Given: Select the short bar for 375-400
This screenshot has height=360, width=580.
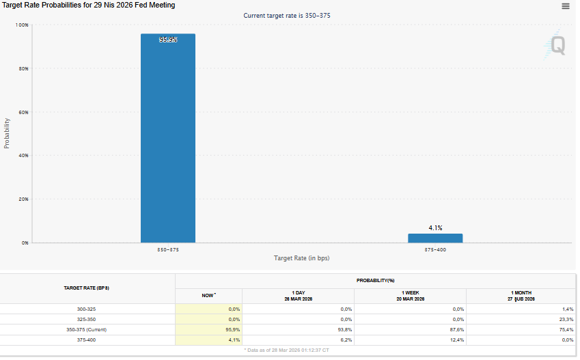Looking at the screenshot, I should pos(435,238).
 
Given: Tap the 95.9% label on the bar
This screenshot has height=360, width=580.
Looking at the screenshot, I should pos(168,40).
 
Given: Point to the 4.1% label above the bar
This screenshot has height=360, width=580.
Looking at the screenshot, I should pos(435,227).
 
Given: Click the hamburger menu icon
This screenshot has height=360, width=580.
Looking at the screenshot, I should pos(566,6).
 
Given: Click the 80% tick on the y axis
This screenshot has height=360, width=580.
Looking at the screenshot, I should pos(23,68).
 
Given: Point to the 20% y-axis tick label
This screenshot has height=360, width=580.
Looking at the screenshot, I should pos(23,199).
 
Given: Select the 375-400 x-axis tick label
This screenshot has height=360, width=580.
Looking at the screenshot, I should pos(435,250).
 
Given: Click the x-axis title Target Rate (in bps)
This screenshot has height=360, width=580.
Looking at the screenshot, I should pos(301,258).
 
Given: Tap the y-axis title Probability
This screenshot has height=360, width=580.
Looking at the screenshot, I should pos(7,133).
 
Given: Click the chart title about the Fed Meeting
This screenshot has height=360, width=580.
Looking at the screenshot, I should pos(89,5).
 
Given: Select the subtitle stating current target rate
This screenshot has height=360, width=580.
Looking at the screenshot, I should pos(288,15).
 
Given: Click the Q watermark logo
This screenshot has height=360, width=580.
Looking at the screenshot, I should pos(558,46).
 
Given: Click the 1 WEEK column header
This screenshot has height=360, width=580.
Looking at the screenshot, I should pos(411,296).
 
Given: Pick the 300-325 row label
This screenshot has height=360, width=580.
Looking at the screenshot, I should pos(87,309).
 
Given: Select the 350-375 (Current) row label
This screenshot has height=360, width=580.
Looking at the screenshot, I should pos(87,329).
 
